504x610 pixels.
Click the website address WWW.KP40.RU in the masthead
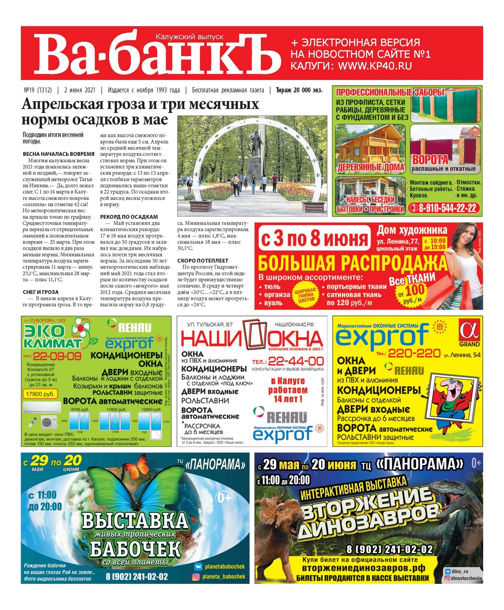[375, 66]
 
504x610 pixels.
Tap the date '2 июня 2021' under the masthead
[80, 90]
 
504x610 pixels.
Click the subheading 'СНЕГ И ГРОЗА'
[41, 292]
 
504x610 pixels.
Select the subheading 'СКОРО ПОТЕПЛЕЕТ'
[203, 261]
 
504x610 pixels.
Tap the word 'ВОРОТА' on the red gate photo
[430, 160]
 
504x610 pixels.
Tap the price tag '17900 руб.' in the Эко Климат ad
[40, 394]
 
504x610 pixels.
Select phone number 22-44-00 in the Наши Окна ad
[296, 361]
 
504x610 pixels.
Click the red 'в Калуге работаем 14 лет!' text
[288, 390]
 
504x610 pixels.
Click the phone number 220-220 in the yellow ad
[414, 353]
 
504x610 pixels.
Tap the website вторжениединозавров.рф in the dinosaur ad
[363, 568]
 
